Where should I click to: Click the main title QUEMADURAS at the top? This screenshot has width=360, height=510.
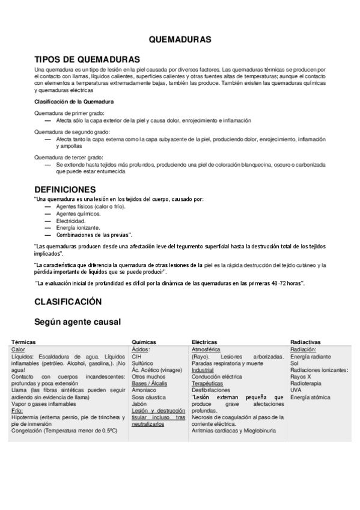point(180,39)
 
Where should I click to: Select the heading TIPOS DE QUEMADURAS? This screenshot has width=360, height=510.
point(87,60)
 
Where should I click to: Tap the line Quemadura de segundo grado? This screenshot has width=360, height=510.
point(72,131)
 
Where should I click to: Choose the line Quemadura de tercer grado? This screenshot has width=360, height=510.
point(69,156)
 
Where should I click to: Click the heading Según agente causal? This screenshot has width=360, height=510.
point(78,322)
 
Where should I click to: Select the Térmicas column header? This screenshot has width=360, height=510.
point(23,342)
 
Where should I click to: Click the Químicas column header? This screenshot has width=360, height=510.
point(144,342)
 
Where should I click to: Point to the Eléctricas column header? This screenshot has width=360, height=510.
point(204,342)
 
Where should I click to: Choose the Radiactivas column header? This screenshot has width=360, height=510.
point(304,342)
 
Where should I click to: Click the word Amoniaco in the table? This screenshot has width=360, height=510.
point(145,390)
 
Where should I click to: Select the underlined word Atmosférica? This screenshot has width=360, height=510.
point(206,349)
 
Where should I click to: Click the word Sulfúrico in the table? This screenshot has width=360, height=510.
point(143,363)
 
